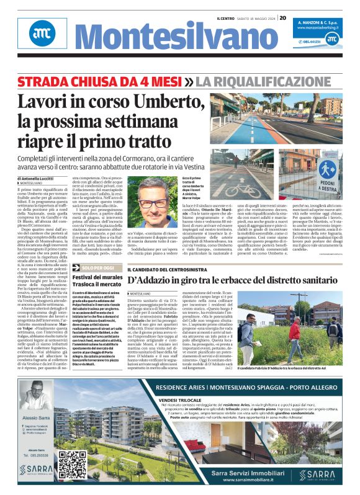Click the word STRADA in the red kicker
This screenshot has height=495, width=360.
(x=45, y=81)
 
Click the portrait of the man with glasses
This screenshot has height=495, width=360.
(x=154, y=205)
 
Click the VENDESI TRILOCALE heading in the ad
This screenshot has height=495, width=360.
(x=181, y=401)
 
